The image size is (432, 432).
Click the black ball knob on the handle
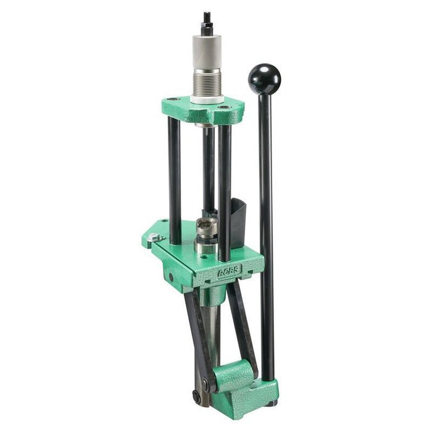264,78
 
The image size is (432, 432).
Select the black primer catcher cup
239,216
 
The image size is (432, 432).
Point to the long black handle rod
265,235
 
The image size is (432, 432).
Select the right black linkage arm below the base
242,321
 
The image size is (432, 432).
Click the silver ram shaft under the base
212,333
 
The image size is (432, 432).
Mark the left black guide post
175,179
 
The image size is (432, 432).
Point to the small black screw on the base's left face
171,276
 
